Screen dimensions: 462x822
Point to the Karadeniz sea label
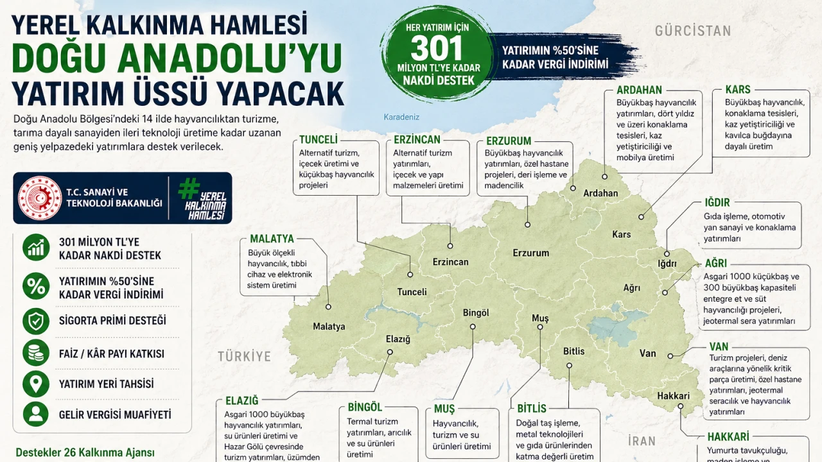401,117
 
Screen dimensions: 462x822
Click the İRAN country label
642,441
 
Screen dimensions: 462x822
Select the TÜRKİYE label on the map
244,357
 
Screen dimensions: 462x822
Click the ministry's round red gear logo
40,198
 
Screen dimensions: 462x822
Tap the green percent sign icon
36,286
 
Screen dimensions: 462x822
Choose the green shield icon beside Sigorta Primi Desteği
36,320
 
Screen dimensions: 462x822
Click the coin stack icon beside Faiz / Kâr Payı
36,353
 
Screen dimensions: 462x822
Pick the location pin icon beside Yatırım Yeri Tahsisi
36,384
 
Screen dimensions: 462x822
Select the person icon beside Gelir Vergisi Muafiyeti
36,414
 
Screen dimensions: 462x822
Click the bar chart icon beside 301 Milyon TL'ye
36,248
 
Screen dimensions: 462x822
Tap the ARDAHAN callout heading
639,90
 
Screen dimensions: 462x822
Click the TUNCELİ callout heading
319,140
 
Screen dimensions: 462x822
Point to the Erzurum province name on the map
530,253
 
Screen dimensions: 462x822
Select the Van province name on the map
648,354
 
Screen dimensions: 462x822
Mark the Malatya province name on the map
329,327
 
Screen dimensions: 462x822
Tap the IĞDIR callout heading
717,203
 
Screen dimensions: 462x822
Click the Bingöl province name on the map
476,312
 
